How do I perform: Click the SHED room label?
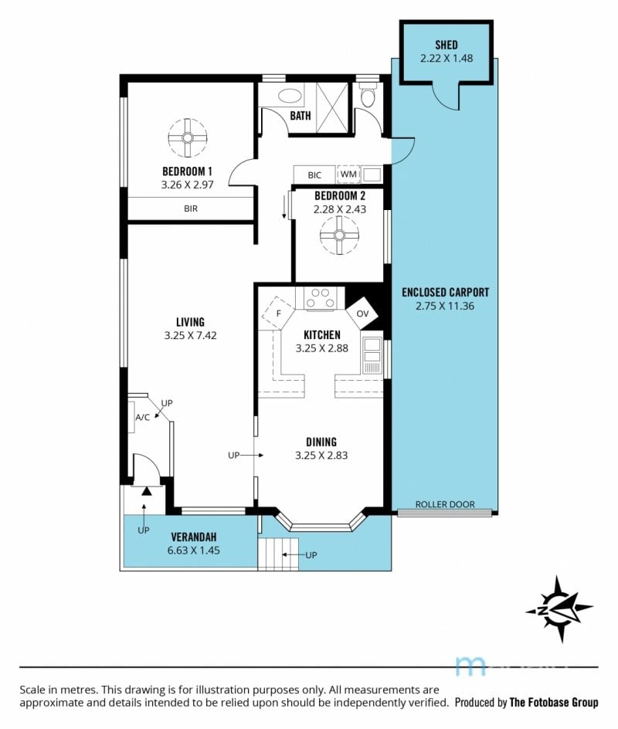[x=447, y=45]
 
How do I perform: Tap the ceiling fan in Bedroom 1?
[x=188, y=138]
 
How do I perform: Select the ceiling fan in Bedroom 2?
[x=339, y=236]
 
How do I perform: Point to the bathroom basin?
[x=290, y=96]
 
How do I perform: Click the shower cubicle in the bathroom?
[x=332, y=108]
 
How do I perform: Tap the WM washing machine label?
[x=348, y=174]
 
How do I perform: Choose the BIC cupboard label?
[x=314, y=175]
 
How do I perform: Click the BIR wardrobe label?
[x=191, y=209]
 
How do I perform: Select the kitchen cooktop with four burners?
[x=320, y=299]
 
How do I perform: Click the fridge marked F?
[x=278, y=314]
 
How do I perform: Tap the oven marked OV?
[x=362, y=314]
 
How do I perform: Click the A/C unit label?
[x=142, y=418]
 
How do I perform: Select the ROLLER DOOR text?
[x=445, y=504]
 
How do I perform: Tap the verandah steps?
[x=278, y=554]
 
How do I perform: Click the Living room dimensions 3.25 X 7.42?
[x=190, y=335]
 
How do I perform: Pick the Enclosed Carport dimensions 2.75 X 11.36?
[x=445, y=306]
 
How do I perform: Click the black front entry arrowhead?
[x=147, y=491]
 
